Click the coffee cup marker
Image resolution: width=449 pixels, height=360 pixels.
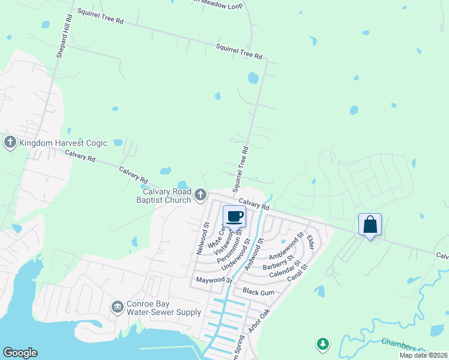coord(235,217)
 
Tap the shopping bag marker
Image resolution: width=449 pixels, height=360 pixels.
coord(370,225)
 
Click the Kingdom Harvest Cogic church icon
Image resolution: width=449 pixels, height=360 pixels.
coord(10,143)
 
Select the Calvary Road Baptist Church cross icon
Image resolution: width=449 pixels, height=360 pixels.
coord(200,195)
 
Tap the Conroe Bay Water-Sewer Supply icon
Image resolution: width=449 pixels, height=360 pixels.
coord(117,308)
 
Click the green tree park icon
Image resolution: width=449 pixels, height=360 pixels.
coord(323,344)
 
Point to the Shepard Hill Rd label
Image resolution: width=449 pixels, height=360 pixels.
coord(64,36)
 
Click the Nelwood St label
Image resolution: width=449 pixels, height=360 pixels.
coord(202,239)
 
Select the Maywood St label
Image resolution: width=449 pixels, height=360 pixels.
coord(212,280)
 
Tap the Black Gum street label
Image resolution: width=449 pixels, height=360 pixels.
coord(258,291)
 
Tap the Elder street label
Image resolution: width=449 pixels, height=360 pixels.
coord(310,242)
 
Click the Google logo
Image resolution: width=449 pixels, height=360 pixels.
coord(20,353)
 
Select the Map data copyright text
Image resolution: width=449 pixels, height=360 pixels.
coord(423,355)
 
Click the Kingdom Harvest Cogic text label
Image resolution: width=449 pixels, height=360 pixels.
coord(63,143)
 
